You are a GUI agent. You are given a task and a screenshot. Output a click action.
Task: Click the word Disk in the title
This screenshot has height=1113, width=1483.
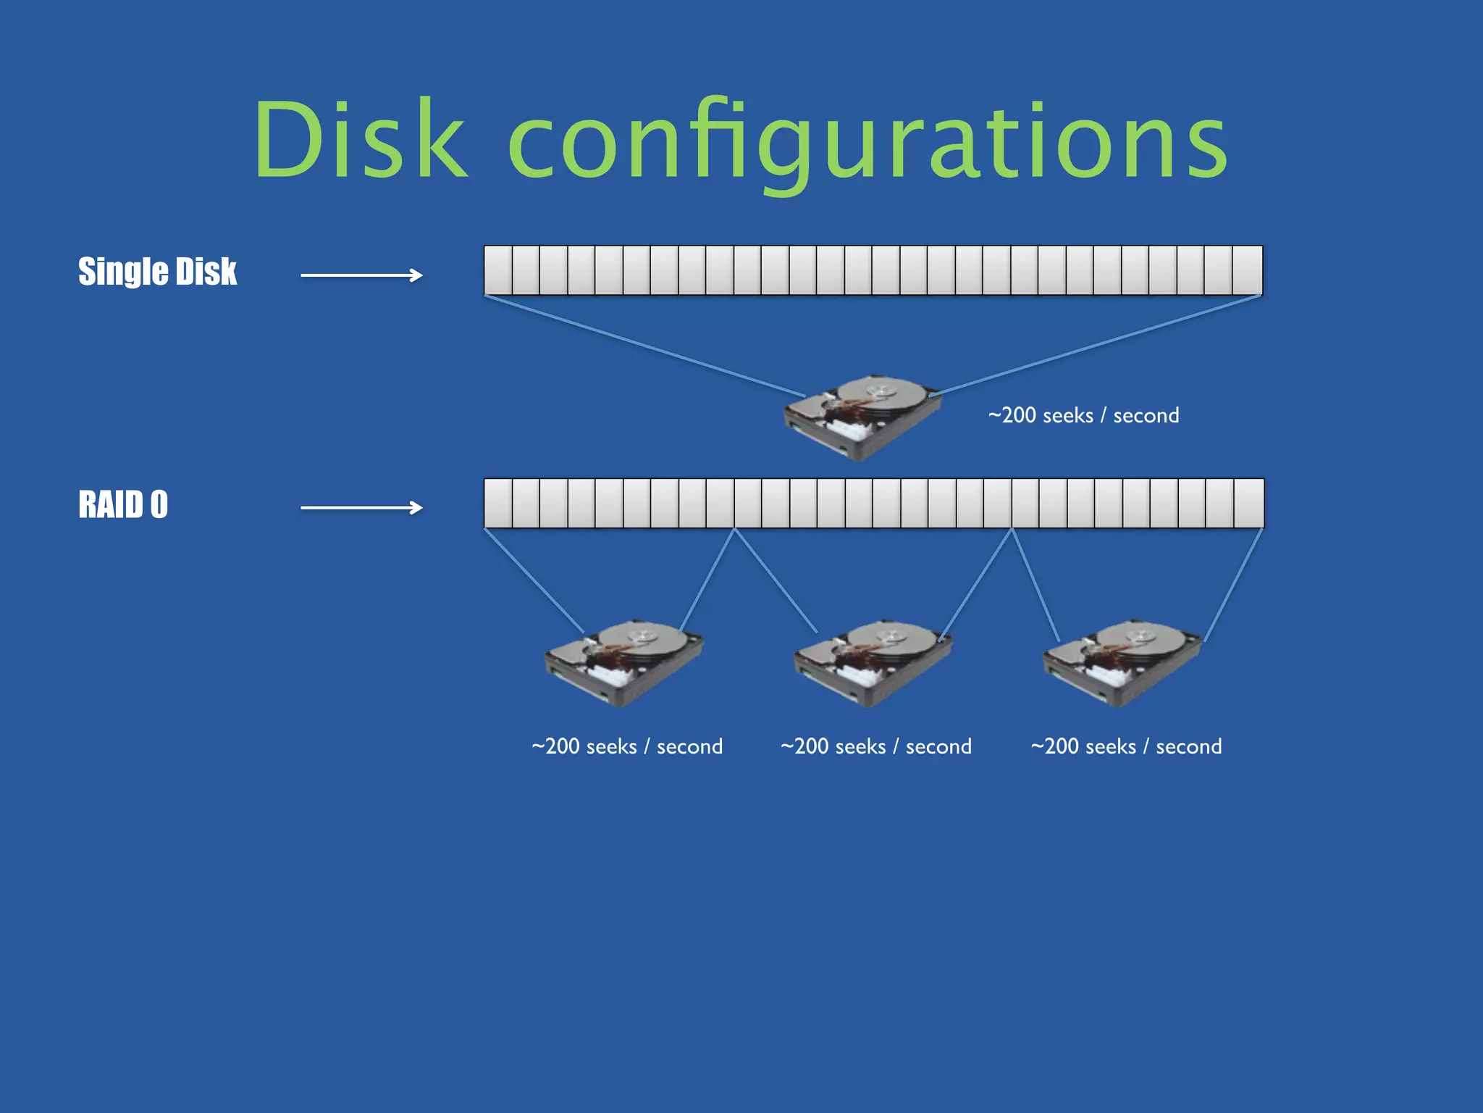[360, 139]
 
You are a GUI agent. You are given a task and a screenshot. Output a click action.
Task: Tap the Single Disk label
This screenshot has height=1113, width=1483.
[157, 272]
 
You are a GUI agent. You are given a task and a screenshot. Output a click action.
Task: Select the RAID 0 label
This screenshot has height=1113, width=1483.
[123, 504]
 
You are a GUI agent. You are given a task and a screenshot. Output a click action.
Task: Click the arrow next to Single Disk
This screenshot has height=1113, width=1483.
[361, 275]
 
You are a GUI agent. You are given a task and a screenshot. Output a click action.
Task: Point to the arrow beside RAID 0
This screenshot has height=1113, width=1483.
[361, 508]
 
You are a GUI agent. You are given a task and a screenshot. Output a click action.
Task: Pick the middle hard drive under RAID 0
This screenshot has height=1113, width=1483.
[873, 662]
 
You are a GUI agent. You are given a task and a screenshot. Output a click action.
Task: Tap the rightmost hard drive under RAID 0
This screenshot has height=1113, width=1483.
[1122, 662]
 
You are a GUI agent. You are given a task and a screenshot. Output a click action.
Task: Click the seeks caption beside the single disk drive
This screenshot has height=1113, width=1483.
[1083, 415]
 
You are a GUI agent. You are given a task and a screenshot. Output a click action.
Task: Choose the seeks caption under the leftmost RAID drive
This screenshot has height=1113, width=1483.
[627, 746]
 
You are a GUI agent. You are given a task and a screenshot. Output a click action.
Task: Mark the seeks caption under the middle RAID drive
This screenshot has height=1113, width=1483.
[876, 746]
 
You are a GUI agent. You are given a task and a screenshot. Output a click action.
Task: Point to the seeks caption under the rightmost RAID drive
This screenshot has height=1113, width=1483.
[1126, 746]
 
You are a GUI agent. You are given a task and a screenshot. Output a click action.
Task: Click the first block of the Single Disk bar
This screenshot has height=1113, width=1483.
[498, 270]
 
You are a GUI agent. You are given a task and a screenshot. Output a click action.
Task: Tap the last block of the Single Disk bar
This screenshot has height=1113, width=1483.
[1247, 270]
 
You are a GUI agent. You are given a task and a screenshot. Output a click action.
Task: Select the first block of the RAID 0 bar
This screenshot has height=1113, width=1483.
[498, 503]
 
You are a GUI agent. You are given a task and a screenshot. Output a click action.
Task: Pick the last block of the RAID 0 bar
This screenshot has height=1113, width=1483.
[1249, 503]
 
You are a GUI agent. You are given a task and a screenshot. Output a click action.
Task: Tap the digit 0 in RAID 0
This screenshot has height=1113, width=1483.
[159, 504]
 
